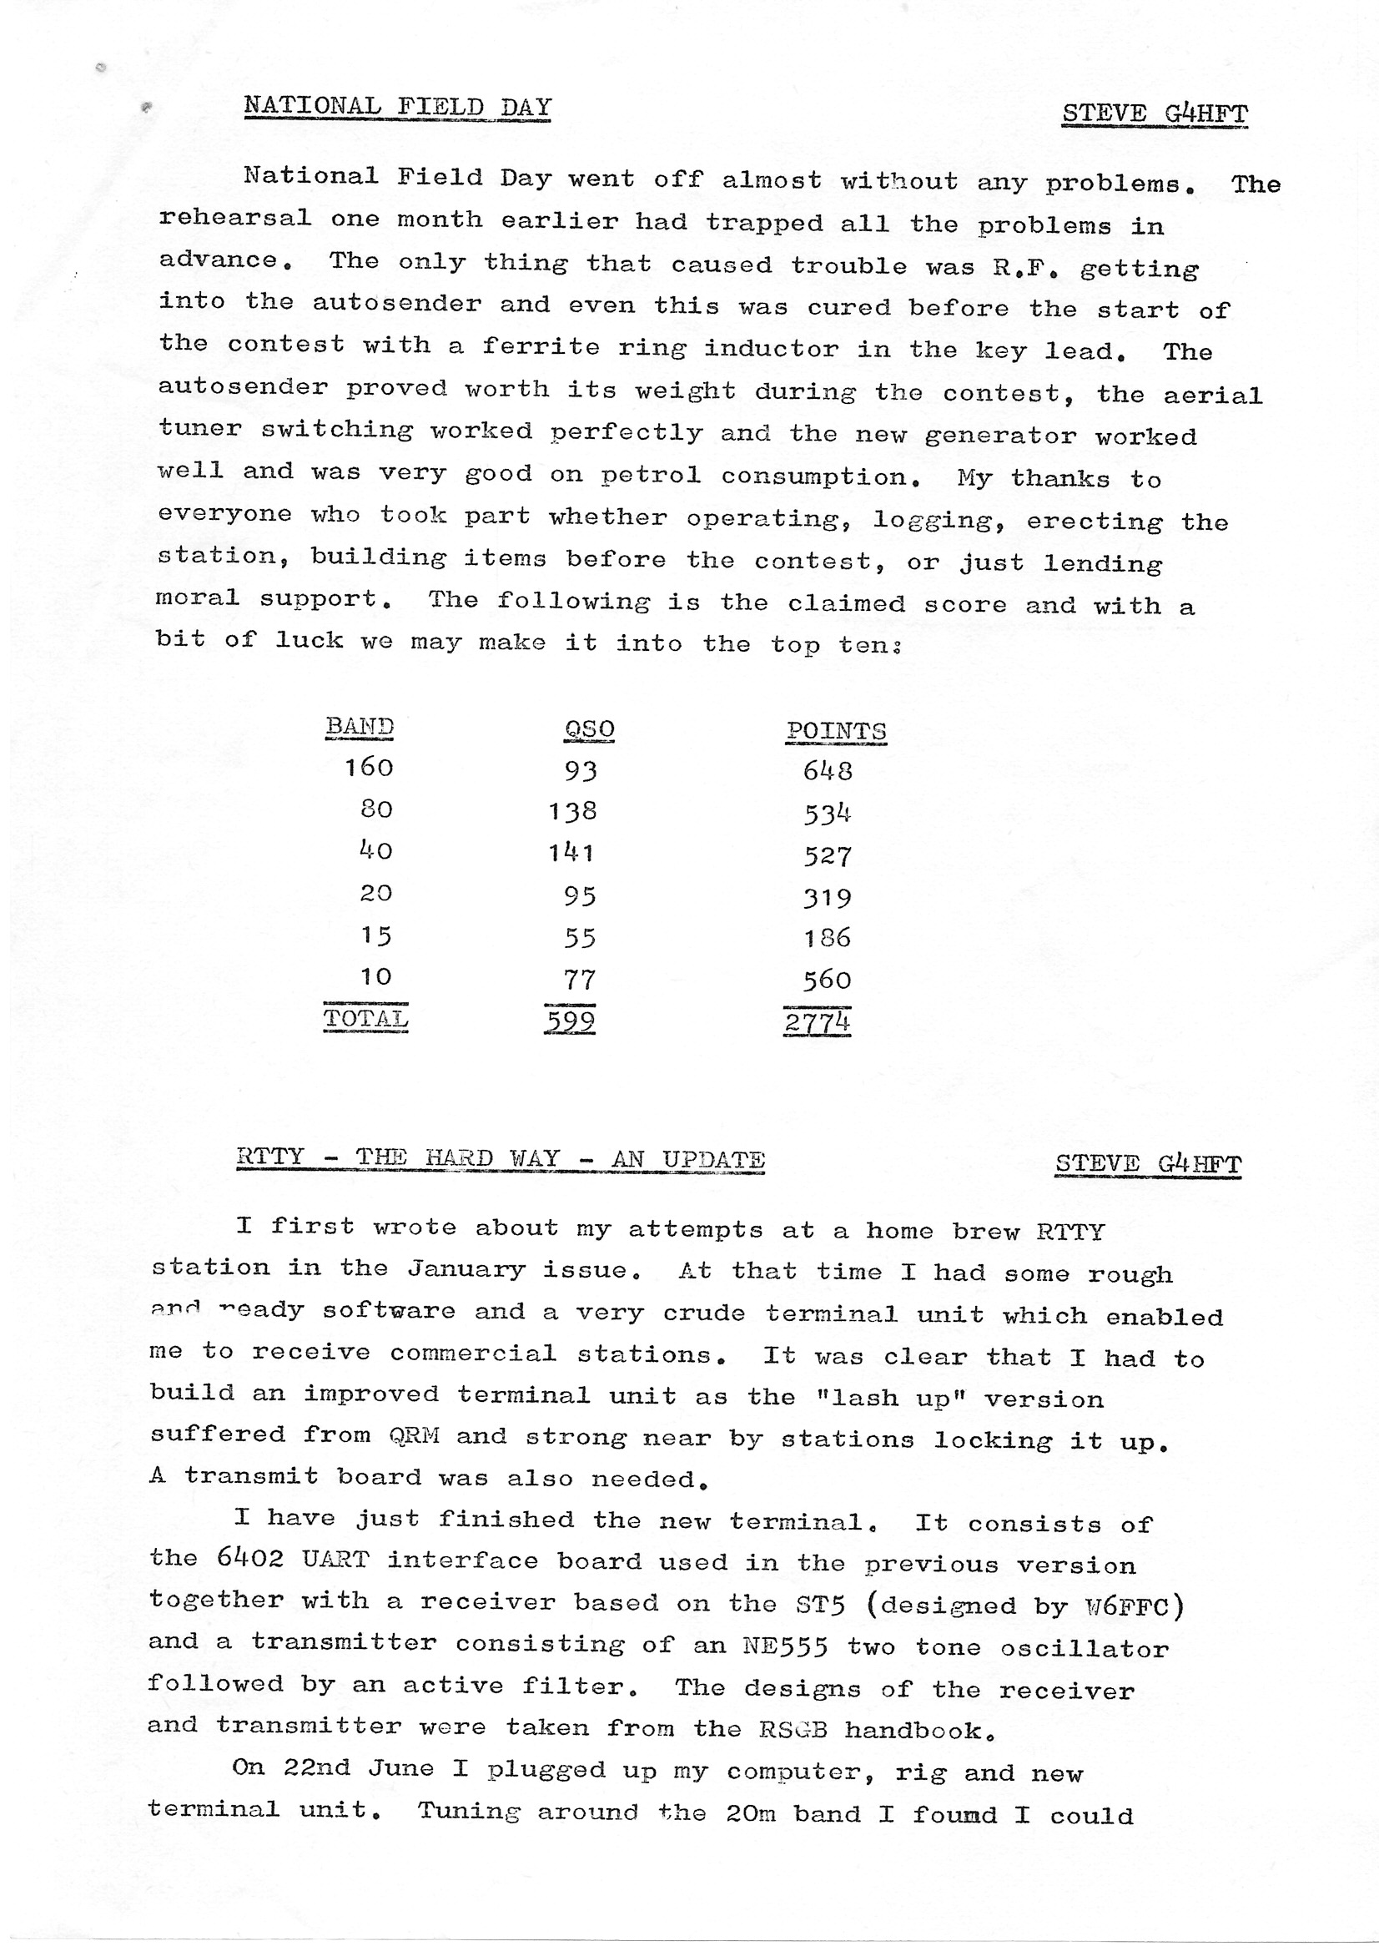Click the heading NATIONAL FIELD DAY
click(397, 108)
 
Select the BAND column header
click(360, 727)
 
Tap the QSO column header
click(589, 729)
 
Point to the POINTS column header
click(836, 731)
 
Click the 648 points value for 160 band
click(828, 771)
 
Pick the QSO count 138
click(572, 811)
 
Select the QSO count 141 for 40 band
click(571, 852)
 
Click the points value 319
click(828, 897)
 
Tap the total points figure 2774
click(817, 1021)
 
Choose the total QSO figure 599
click(569, 1020)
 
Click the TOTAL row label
click(365, 1018)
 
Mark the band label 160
click(369, 768)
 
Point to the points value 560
click(827, 980)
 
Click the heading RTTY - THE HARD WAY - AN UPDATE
click(501, 1158)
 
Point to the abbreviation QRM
click(414, 1436)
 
